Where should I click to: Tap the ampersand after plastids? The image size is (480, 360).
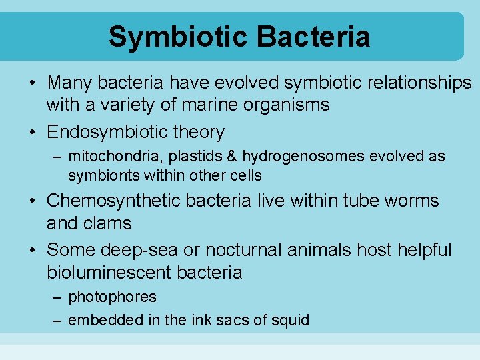pyautogui.click(x=232, y=157)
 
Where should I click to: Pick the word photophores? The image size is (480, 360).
pyautogui.click(x=113, y=297)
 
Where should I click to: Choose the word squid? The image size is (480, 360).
pyautogui.click(x=291, y=321)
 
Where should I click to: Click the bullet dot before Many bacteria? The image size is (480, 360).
pyautogui.click(x=32, y=84)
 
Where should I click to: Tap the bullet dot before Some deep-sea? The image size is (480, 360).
pyautogui.click(x=32, y=251)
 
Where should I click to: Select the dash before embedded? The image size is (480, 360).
pyautogui.click(x=57, y=321)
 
